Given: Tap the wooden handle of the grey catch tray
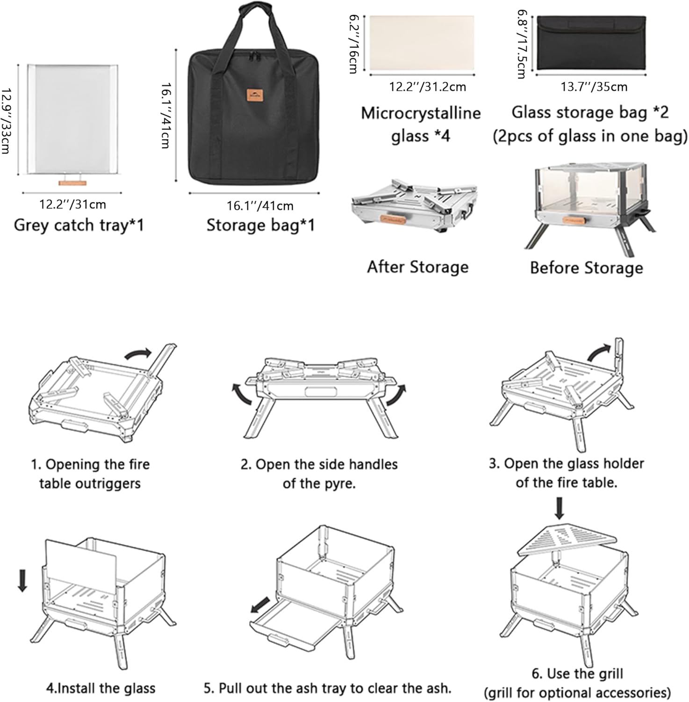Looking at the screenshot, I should click(72, 182).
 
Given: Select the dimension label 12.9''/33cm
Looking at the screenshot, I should click(6, 120).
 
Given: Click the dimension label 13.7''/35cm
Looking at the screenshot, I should click(594, 87).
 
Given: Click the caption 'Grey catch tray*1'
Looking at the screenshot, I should click(79, 225).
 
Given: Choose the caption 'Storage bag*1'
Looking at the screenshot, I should click(260, 225).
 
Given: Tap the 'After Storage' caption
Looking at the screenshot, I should click(417, 267).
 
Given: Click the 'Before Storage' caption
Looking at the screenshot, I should click(586, 268).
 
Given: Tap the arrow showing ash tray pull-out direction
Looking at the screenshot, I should click(260, 605).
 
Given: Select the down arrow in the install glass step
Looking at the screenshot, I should click(22, 580).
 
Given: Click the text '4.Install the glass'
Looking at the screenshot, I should click(100, 688).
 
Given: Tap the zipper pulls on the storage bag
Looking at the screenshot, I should click(254, 56).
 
